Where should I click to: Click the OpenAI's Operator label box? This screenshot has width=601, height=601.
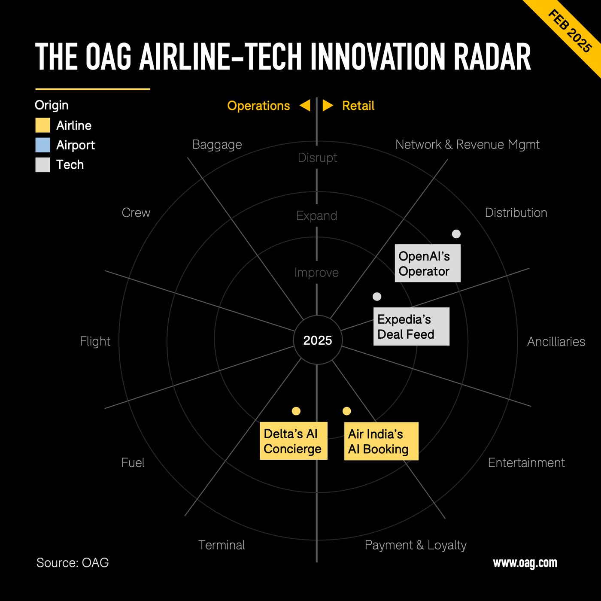pyautogui.click(x=428, y=263)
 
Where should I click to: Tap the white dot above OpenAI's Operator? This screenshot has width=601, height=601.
pyautogui.click(x=456, y=234)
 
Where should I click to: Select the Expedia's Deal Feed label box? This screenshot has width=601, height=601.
pyautogui.click(x=411, y=326)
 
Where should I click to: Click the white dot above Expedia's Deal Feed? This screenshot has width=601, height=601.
pyautogui.click(x=377, y=297)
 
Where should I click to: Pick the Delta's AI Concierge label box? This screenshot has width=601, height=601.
pyautogui.click(x=294, y=441)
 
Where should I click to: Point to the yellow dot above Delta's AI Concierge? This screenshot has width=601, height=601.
pyautogui.click(x=296, y=411)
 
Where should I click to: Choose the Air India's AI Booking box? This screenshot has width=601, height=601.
pyautogui.click(x=381, y=441)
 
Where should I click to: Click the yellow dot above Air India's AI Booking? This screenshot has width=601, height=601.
pyautogui.click(x=347, y=411)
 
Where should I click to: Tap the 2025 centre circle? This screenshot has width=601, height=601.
pyautogui.click(x=318, y=340)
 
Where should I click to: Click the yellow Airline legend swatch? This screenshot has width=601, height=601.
pyautogui.click(x=42, y=125)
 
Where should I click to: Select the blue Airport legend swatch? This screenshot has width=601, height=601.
pyautogui.click(x=42, y=145)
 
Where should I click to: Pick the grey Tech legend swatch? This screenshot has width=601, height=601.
pyautogui.click(x=42, y=165)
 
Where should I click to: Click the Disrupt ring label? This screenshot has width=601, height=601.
pyautogui.click(x=317, y=158)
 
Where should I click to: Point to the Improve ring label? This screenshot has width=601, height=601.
pyautogui.click(x=316, y=273)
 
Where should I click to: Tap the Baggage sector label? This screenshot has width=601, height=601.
pyautogui.click(x=217, y=145)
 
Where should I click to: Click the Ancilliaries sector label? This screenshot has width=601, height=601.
pyautogui.click(x=556, y=342)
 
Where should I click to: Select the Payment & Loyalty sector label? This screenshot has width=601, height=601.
pyautogui.click(x=415, y=545)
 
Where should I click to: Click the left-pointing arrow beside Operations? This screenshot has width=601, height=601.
pyautogui.click(x=305, y=106)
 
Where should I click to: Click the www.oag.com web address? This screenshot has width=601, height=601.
pyautogui.click(x=525, y=563)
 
